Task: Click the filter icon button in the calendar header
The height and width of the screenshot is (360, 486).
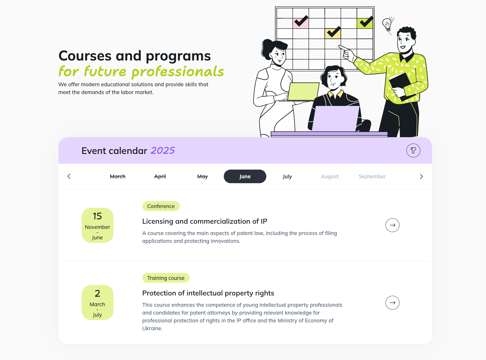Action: [413, 150]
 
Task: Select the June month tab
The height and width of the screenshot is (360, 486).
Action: [245, 177]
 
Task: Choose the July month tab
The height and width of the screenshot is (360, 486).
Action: [287, 177]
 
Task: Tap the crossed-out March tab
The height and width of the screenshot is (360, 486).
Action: [118, 177]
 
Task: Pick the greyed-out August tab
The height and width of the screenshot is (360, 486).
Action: [330, 177]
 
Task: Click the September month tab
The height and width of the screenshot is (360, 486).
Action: [372, 177]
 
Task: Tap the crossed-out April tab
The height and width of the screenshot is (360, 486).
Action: [160, 177]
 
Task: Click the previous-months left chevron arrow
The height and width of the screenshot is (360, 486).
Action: [69, 177]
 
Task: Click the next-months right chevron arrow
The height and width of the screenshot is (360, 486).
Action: [421, 177]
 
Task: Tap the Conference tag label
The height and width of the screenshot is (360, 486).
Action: [161, 206]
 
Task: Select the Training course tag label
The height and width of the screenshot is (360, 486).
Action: [166, 278]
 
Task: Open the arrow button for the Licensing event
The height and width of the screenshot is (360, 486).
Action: [392, 225]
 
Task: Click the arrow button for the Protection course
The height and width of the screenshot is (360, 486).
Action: [392, 303]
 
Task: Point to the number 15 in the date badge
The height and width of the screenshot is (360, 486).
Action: [97, 216]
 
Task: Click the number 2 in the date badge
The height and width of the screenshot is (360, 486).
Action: [97, 293]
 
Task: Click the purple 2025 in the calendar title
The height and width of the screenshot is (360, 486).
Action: [163, 150]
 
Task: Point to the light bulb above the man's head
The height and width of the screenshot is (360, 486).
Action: [387, 24]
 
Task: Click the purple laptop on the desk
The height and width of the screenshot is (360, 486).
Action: [335, 119]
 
